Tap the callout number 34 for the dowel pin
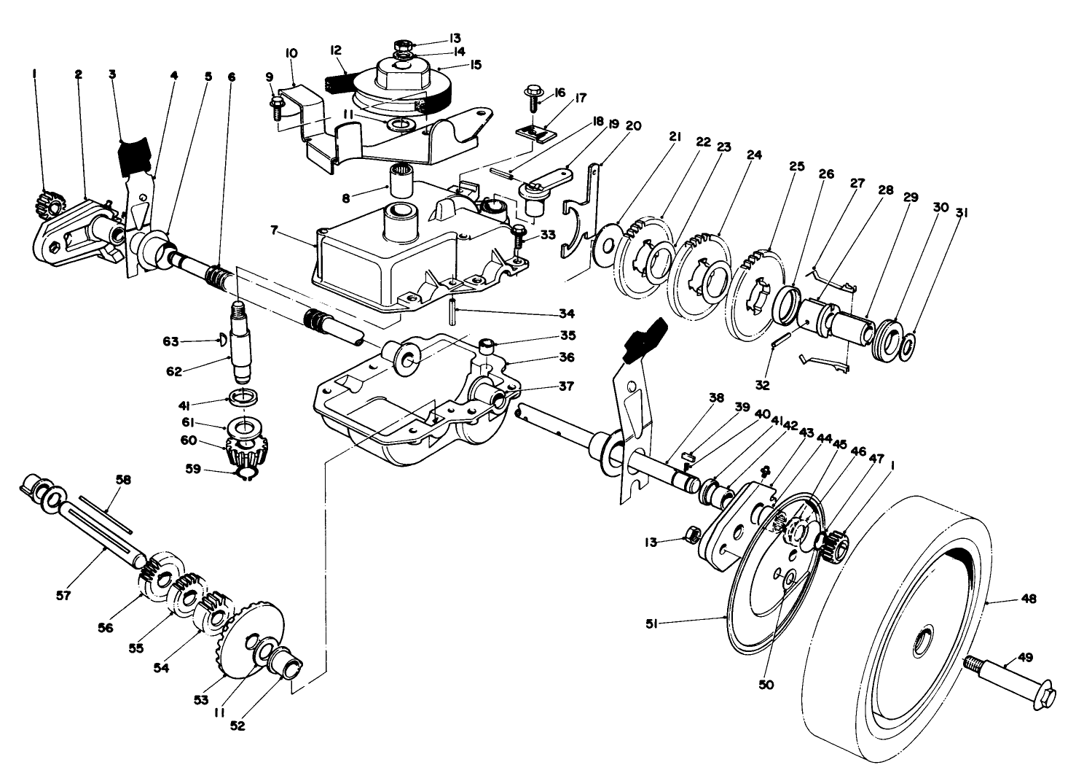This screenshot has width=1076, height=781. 566,314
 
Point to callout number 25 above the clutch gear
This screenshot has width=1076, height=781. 796,166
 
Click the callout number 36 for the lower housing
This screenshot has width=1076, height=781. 566,357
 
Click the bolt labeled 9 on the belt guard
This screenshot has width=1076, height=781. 277,108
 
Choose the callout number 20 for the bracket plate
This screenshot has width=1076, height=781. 634,125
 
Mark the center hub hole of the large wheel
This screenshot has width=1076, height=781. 922,641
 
